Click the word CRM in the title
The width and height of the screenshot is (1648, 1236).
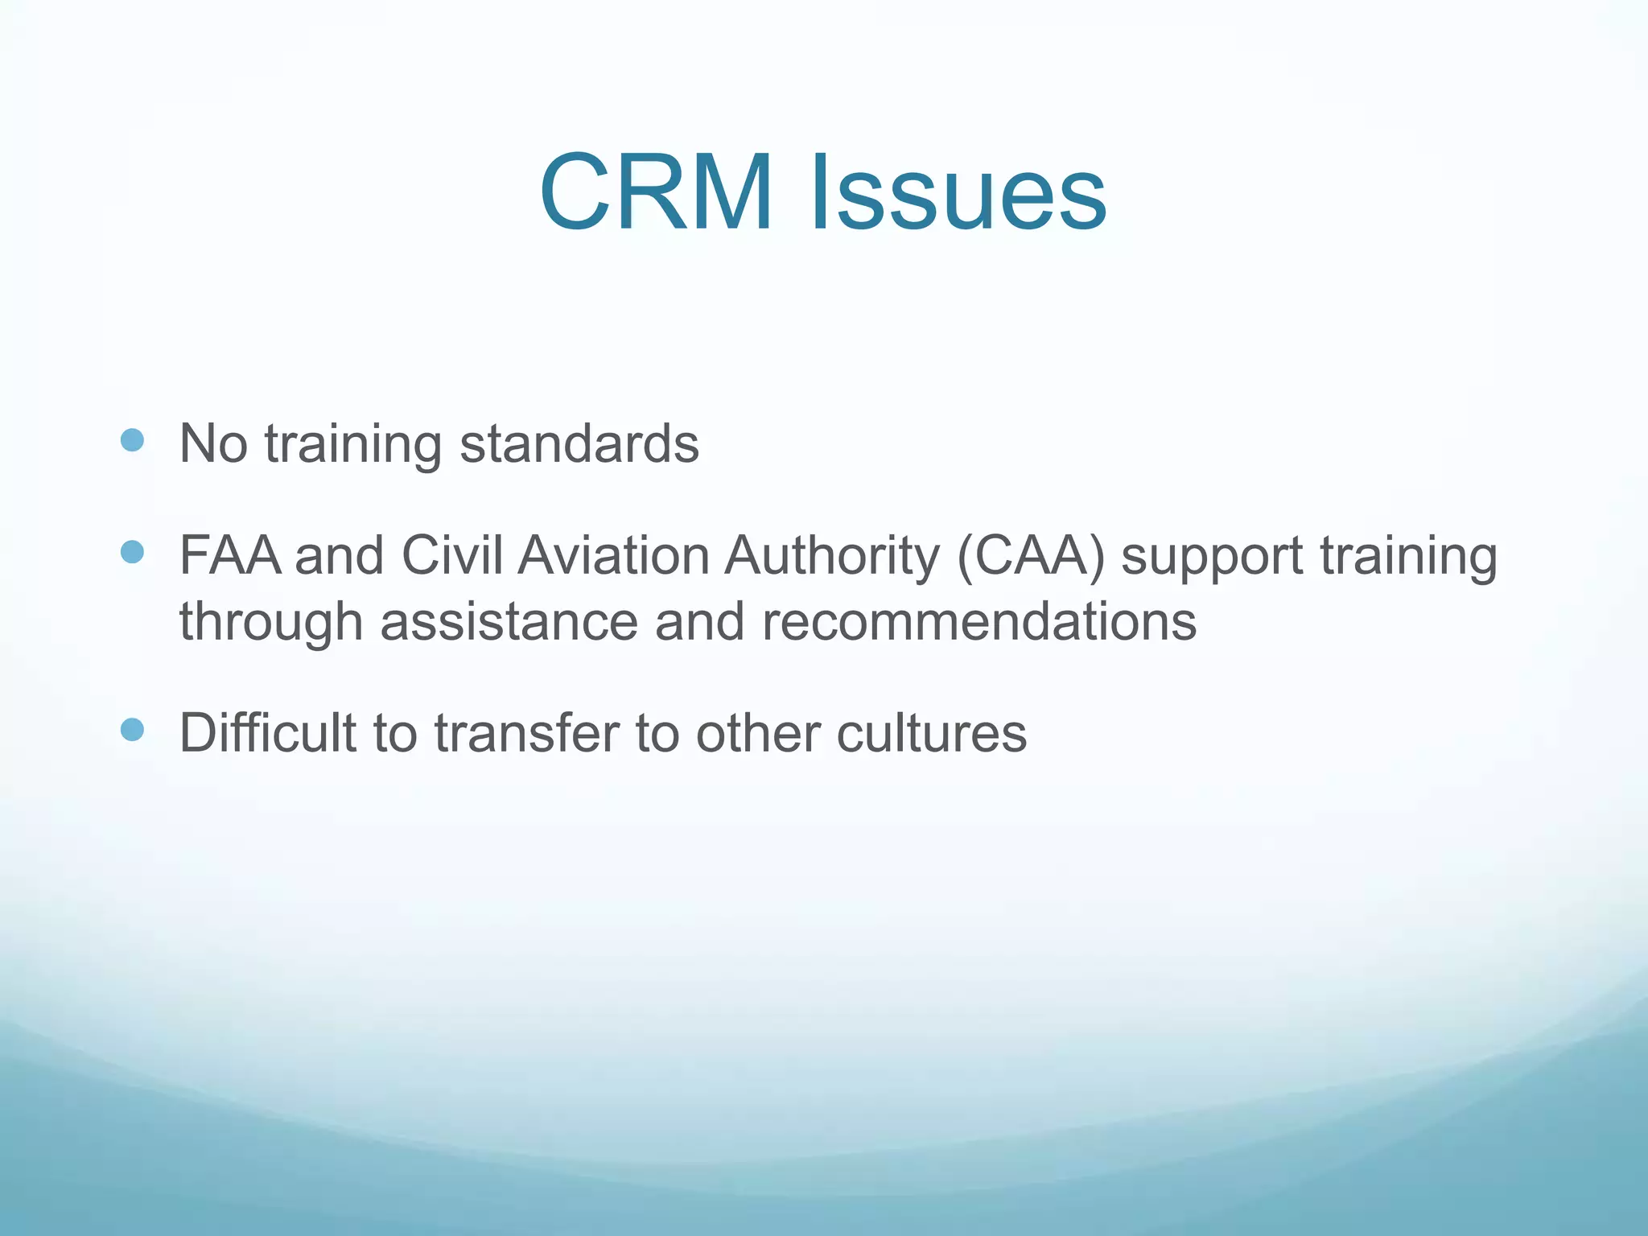point(656,194)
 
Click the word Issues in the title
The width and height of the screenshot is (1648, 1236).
point(958,194)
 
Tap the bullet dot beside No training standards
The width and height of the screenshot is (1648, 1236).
point(132,440)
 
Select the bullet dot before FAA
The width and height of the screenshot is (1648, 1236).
point(132,552)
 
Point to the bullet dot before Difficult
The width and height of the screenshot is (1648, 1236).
point(132,729)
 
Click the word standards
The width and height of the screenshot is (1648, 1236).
point(579,443)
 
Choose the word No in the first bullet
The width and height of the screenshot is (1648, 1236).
point(212,443)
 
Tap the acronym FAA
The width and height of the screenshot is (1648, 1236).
point(230,556)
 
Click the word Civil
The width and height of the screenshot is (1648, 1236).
point(452,556)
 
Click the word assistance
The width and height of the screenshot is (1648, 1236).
point(509,622)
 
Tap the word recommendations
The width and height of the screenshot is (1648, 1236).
point(978,622)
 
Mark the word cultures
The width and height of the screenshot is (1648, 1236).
point(931,733)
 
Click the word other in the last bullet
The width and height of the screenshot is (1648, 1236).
point(757,733)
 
